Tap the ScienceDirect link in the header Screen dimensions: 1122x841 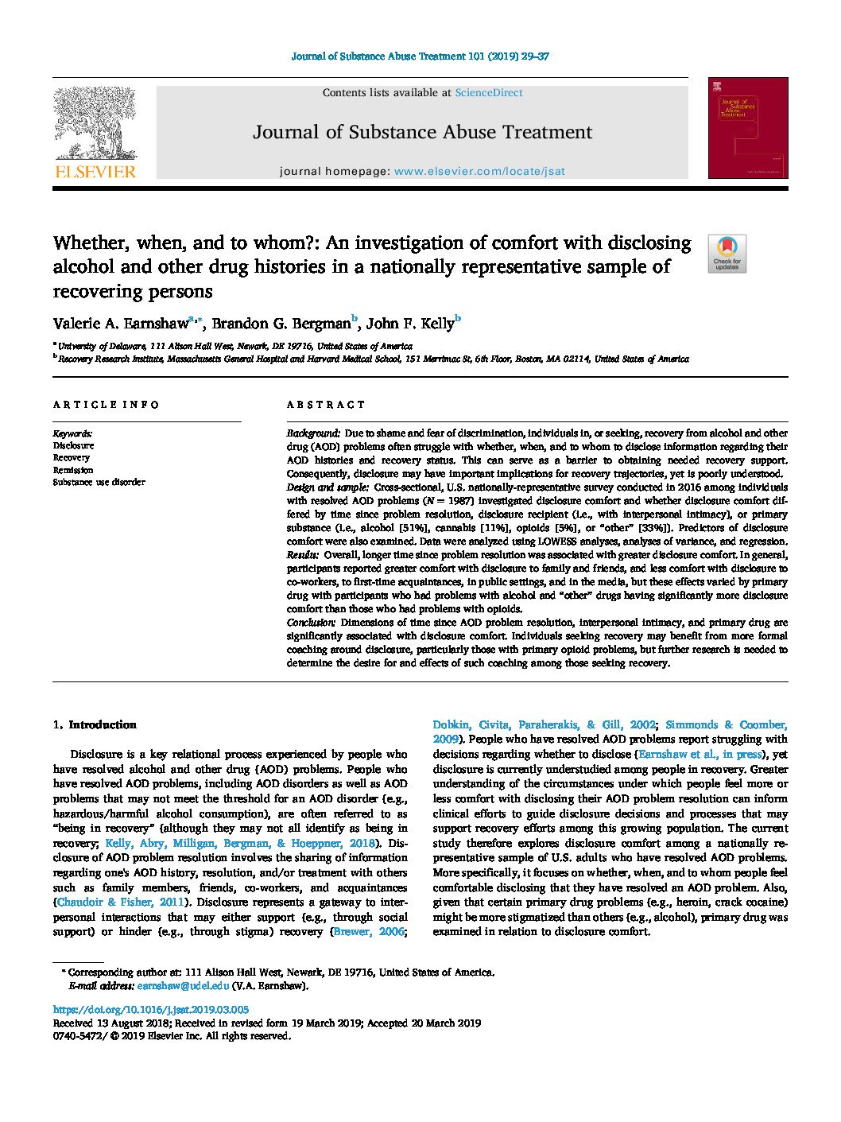[x=488, y=93]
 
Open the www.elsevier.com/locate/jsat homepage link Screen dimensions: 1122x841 [x=479, y=171]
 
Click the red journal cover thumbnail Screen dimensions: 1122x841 [x=747, y=128]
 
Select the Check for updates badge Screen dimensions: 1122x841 [x=727, y=254]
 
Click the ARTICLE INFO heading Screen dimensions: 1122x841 [x=107, y=405]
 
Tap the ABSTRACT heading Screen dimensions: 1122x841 [x=326, y=405]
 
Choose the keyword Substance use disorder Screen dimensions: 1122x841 [x=99, y=482]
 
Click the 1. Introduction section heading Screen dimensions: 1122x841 [x=95, y=724]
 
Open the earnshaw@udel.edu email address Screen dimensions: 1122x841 [x=182, y=986]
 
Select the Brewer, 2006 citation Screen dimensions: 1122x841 [x=369, y=932]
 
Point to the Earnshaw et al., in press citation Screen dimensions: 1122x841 [x=700, y=755]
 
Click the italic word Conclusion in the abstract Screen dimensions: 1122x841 [x=311, y=623]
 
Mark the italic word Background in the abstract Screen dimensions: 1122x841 [x=312, y=433]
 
